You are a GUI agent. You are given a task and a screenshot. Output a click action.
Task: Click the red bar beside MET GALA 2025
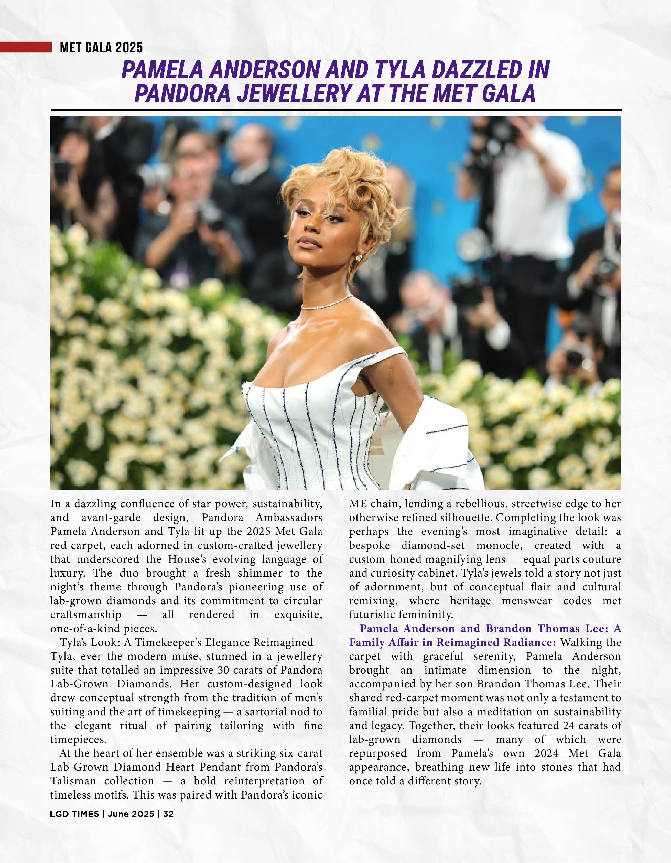[26, 47]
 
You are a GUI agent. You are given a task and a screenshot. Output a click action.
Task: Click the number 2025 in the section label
[129, 48]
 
